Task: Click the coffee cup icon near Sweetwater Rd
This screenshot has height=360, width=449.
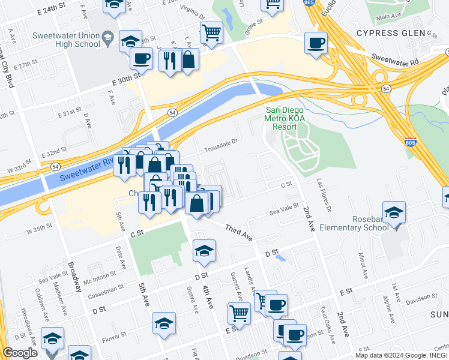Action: pos(316,43)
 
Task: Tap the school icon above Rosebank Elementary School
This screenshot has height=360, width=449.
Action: pos(394,212)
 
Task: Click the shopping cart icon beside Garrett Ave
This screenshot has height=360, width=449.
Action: pos(239,313)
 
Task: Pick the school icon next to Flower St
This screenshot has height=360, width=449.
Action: pos(164,323)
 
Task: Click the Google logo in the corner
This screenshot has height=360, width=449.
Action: pos(20,353)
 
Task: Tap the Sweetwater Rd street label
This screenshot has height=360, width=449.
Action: pos(394,61)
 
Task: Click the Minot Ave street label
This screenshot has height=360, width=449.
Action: pos(363,268)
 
